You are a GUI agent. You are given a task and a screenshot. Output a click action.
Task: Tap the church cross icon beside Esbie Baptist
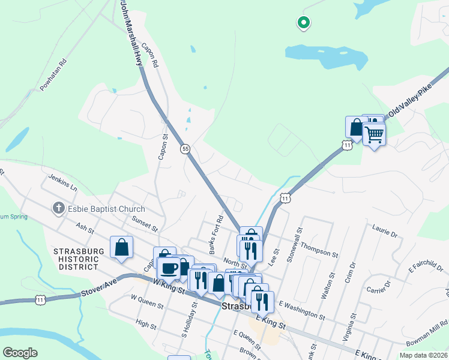pyautogui.click(x=58, y=208)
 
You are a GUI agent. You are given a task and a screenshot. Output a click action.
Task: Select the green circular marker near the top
pyautogui.click(x=304, y=23)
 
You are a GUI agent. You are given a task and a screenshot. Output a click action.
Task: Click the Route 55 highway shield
pyautogui.click(x=185, y=148)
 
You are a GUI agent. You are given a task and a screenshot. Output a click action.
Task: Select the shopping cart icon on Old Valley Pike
pyautogui.click(x=374, y=134)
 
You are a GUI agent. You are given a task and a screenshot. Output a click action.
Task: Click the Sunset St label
pyautogui.click(x=144, y=224)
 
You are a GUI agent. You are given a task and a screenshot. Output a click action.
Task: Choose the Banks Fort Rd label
pyautogui.click(x=213, y=230)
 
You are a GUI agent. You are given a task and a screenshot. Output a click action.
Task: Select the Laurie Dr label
pyautogui.click(x=385, y=232)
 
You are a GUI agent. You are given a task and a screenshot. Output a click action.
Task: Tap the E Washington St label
pyautogui.click(x=301, y=310)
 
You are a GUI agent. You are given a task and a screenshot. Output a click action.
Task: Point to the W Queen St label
pyautogui.click(x=146, y=301)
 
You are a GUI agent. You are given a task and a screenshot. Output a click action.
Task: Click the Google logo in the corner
pyautogui.click(x=20, y=353)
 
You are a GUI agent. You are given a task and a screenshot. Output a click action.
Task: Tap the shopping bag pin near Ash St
pyautogui.click(x=121, y=247)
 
